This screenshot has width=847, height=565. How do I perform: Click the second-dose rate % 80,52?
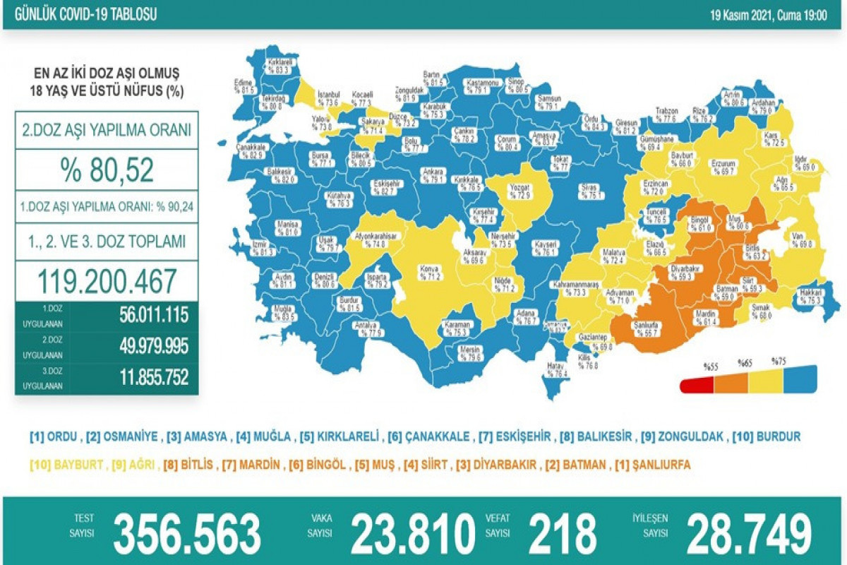(x=107, y=171)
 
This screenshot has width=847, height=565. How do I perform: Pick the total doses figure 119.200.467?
(x=107, y=281)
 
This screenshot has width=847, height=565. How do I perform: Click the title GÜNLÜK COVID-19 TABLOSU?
(x=82, y=14)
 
